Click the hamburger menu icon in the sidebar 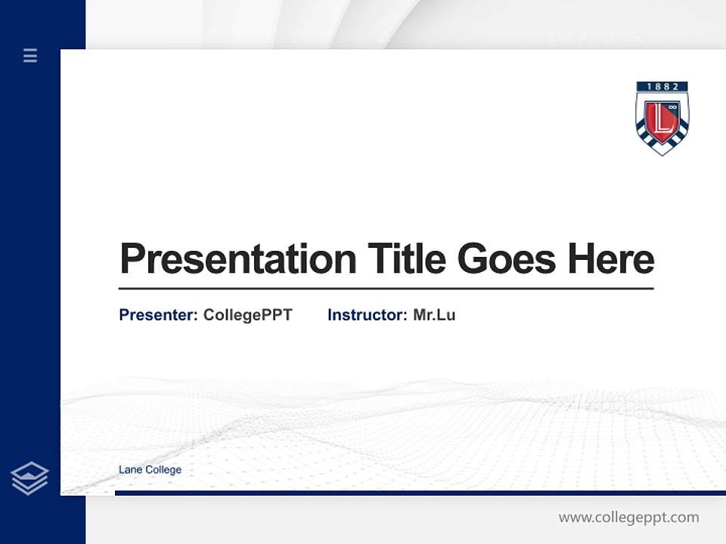30,55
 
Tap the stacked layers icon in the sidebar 29,478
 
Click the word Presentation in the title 238,259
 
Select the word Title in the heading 406,259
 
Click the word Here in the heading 611,259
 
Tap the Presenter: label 159,315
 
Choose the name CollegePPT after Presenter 247,315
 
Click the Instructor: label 368,315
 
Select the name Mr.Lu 434,315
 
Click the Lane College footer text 150,470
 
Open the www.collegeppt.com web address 628,518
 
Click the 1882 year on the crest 662,87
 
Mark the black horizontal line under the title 386,288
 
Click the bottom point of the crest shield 662,153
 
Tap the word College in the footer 163,470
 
